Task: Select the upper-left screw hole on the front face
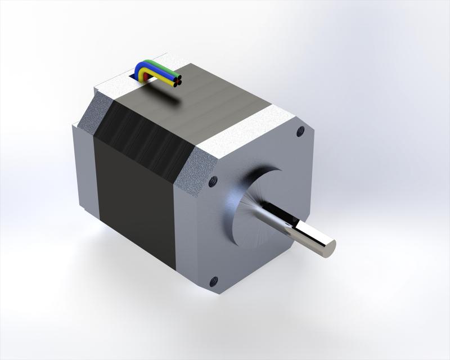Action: (212, 182)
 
